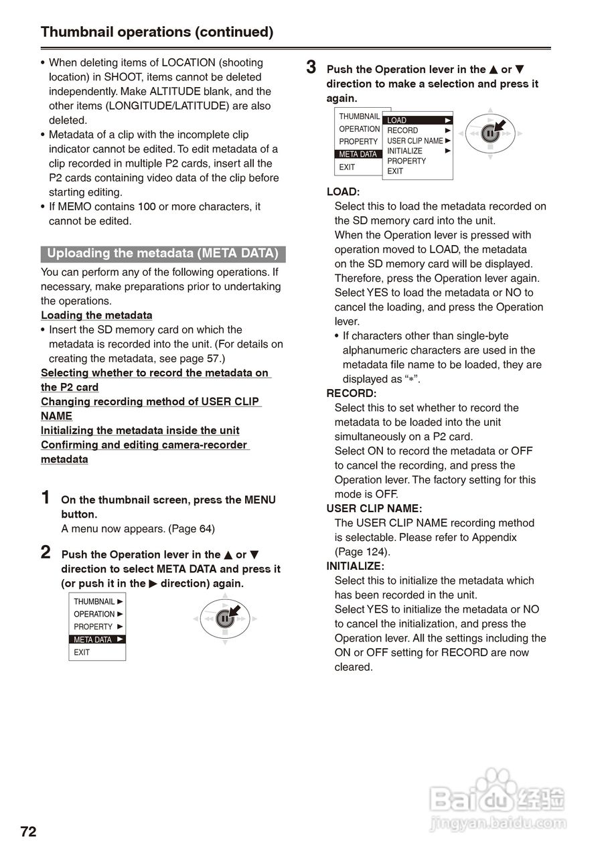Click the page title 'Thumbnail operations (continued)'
tap(157, 31)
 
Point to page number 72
tap(28, 832)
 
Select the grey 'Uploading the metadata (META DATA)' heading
tap(163, 254)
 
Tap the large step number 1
tap(46, 497)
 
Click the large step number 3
tap(311, 68)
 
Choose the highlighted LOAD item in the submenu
tap(417, 120)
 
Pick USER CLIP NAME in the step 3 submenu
tap(415, 141)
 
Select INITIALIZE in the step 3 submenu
tap(405, 151)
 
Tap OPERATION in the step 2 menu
tap(94, 614)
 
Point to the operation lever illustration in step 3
tap(490, 133)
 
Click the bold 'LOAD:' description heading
tap(343, 192)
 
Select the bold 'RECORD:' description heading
tap(351, 394)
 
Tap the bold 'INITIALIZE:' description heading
tap(355, 566)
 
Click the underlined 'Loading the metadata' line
tap(96, 315)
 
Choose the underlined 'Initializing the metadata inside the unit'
tap(140, 431)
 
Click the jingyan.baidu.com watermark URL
tap(498, 824)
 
